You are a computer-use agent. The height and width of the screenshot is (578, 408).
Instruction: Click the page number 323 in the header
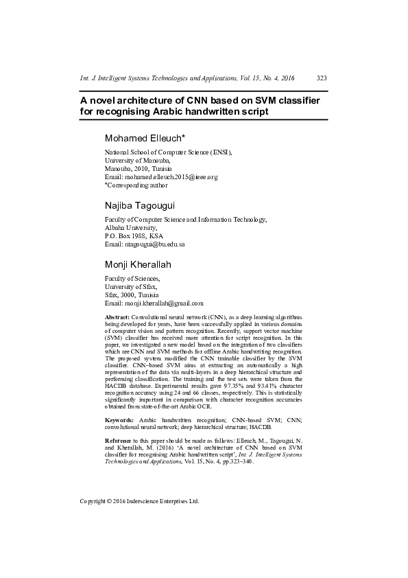pyautogui.click(x=322, y=79)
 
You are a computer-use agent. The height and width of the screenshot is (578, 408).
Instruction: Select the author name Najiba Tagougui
pyautogui.click(x=139, y=205)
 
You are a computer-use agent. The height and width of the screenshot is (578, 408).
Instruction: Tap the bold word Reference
pyautogui.click(x=119, y=439)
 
